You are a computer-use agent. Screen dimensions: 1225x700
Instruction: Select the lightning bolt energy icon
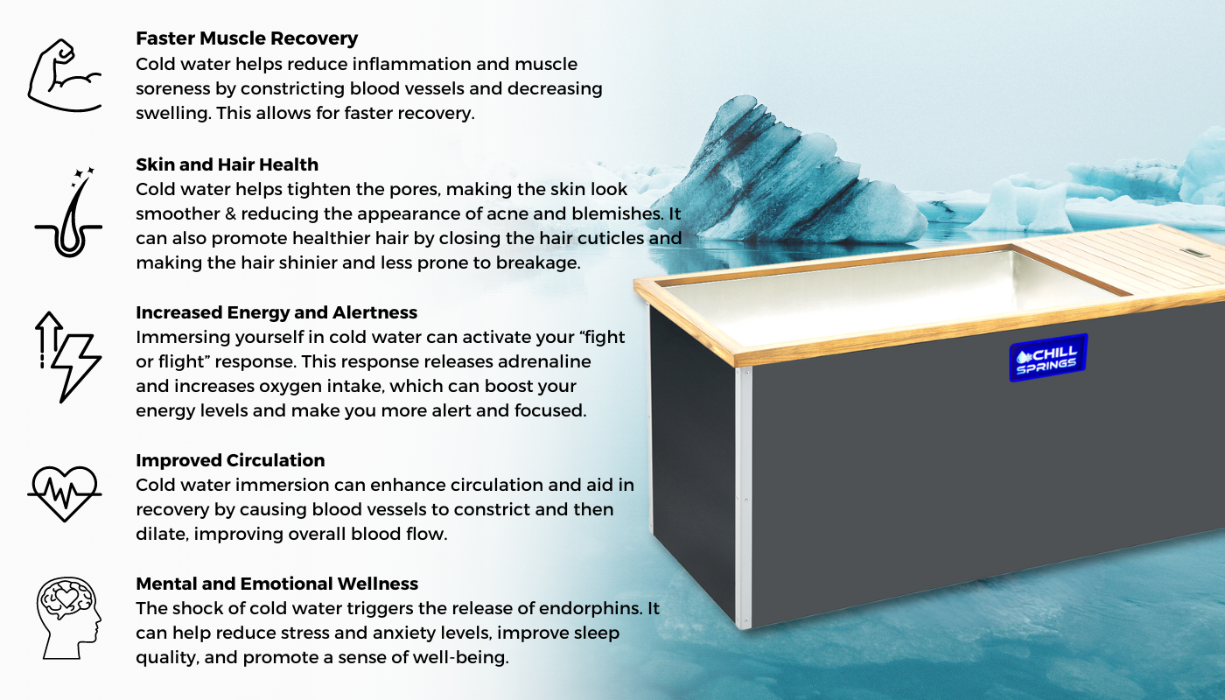pos(68,357)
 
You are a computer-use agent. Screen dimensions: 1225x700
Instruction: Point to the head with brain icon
pos(69,618)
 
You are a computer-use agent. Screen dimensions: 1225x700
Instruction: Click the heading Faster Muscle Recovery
pos(247,38)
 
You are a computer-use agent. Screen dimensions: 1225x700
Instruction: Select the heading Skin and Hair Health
pos(227,164)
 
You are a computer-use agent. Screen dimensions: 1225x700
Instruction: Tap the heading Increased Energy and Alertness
pos(276,312)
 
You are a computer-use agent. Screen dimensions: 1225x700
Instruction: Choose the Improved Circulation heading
pos(230,460)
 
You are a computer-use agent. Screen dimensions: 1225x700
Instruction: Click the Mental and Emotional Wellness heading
pos(276,584)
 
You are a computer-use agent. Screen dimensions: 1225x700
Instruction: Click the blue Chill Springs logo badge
pos(1048,358)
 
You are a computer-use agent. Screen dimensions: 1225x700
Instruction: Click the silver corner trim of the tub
pos(744,498)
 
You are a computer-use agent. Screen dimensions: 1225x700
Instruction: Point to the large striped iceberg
pos(787,175)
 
